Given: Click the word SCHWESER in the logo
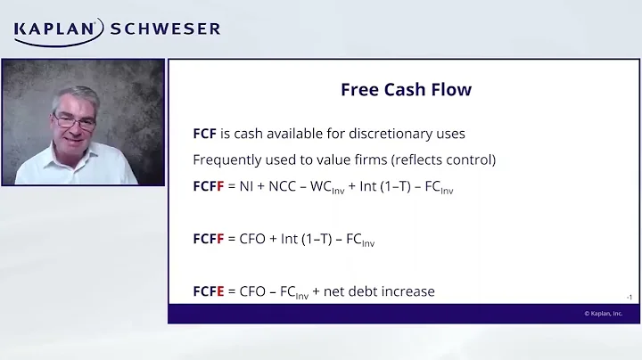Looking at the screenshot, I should click(165, 29).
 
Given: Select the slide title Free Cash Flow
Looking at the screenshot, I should click(406, 90).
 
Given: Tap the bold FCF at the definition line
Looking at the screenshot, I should click(205, 134).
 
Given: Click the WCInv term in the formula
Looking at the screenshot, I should click(327, 188).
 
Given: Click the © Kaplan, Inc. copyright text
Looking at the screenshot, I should click(604, 314).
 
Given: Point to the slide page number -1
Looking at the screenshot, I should click(629, 297).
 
